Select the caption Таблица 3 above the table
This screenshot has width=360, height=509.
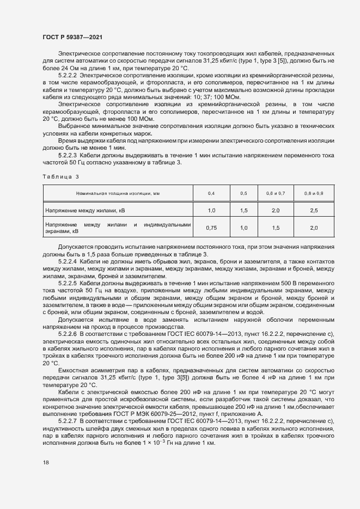60,177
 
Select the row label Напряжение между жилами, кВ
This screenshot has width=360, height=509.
85,210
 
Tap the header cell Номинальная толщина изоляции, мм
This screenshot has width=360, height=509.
118,193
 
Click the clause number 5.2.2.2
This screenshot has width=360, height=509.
69,75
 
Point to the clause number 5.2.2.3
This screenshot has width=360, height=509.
69,155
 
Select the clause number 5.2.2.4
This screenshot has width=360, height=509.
69,261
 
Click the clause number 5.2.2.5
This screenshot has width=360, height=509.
69,284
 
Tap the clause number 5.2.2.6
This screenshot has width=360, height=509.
69,333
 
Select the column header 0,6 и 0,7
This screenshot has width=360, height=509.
275,193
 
